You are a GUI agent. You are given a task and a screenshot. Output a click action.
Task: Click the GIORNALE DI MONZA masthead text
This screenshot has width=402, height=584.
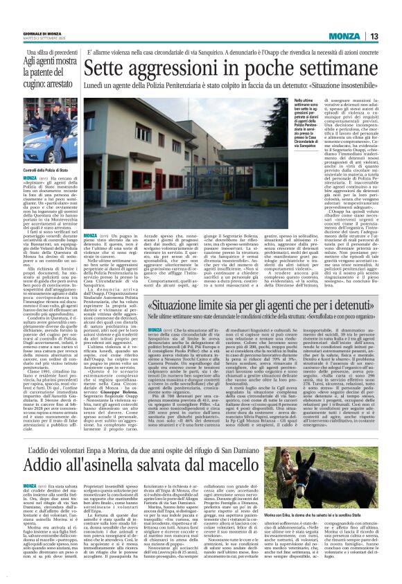click(44, 33)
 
